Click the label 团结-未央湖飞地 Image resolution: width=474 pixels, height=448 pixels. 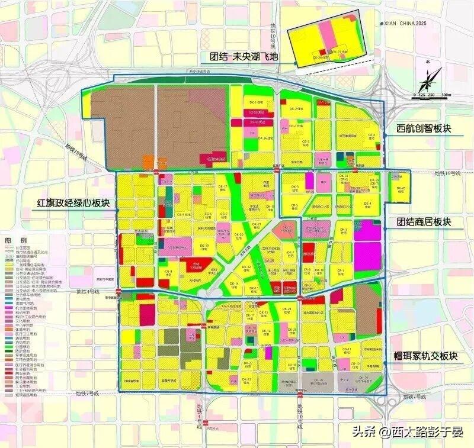pos(243,57)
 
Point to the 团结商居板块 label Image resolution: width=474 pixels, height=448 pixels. pos(424,222)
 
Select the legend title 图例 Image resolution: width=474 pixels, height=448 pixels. pos(15,240)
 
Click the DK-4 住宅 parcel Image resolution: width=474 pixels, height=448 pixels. pos(367,204)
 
